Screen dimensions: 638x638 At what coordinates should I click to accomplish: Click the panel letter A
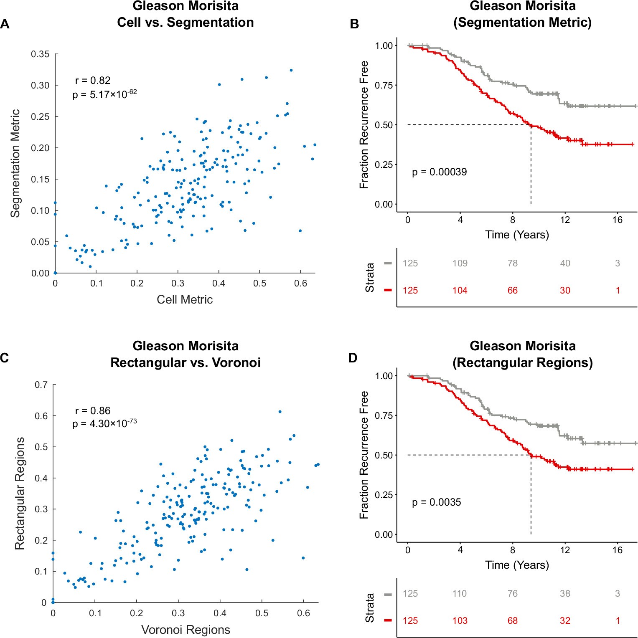click(x=5, y=24)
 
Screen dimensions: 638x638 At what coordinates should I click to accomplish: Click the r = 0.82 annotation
click(x=93, y=80)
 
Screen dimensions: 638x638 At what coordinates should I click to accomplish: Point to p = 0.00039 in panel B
click(x=439, y=172)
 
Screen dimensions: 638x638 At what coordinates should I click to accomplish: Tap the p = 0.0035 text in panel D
click(x=436, y=502)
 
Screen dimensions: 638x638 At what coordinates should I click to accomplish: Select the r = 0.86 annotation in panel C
click(x=93, y=410)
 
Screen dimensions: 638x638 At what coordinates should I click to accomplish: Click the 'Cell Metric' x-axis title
click(x=185, y=299)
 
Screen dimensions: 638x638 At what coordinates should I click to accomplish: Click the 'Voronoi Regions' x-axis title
click(x=186, y=630)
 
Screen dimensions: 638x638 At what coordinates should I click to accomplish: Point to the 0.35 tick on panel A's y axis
click(x=40, y=54)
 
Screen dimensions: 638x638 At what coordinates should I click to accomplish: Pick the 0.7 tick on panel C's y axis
click(x=41, y=385)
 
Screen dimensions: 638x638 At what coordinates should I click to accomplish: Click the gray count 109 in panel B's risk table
click(x=460, y=263)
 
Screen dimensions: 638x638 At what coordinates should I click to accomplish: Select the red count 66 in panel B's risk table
click(x=512, y=290)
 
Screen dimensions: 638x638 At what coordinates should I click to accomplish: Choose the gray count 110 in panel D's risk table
click(x=460, y=593)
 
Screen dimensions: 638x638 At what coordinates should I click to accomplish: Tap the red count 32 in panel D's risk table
click(x=565, y=620)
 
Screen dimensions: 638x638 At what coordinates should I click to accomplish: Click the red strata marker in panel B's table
click(x=388, y=290)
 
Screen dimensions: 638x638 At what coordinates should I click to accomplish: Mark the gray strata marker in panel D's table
click(x=388, y=594)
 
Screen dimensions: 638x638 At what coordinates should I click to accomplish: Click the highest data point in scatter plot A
click(x=291, y=70)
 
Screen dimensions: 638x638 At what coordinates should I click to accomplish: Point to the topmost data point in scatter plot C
click(x=280, y=412)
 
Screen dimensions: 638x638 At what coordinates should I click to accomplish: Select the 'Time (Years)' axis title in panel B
click(x=517, y=235)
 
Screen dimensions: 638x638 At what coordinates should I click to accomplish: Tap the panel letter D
click(x=353, y=358)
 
